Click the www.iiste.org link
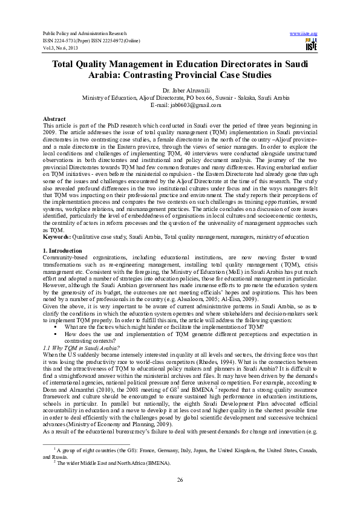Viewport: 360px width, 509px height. point(304,33)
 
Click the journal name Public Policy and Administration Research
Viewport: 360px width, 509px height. point(84,33)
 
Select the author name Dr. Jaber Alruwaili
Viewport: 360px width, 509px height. point(180,90)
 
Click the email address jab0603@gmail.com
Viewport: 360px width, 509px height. point(180,105)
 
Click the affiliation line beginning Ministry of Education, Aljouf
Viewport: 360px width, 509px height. point(180,97)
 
